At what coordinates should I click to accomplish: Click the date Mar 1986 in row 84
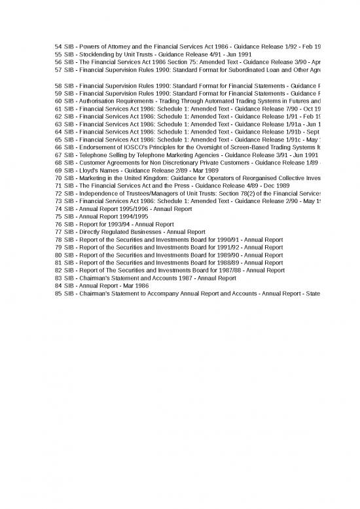click(x=136, y=285)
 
